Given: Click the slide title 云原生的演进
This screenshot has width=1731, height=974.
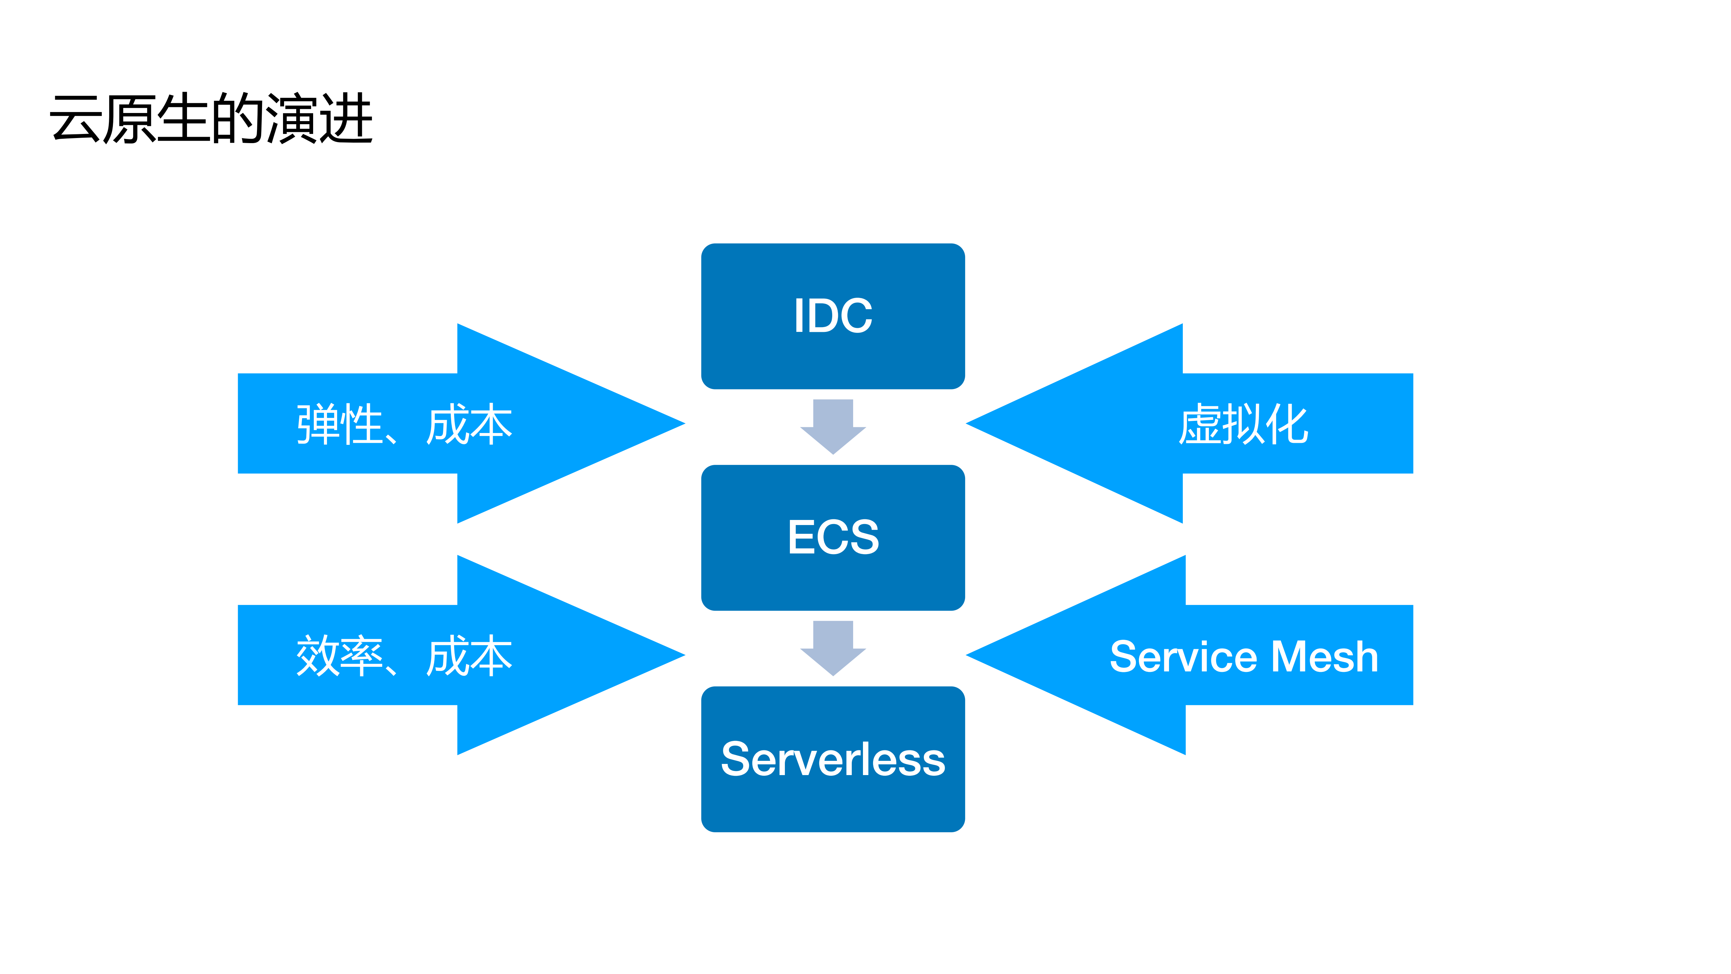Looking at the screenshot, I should [x=211, y=119].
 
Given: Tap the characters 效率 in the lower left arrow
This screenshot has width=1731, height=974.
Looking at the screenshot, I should [x=340, y=656].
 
